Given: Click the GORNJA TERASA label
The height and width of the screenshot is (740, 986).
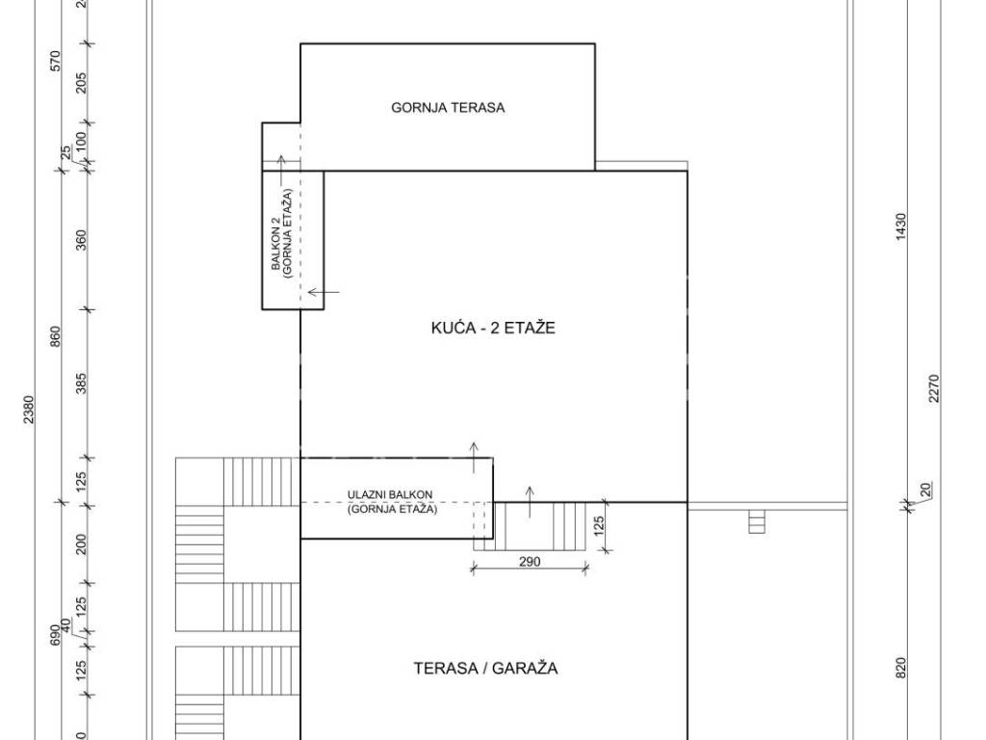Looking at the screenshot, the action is click(x=448, y=108).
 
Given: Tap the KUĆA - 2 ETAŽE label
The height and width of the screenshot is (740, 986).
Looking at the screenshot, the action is click(x=493, y=328).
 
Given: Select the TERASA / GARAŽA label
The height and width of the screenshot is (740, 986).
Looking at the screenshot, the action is click(x=485, y=669).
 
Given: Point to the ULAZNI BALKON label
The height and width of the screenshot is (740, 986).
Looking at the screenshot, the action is click(x=390, y=495).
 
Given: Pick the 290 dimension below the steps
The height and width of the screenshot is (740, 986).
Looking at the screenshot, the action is click(x=530, y=562).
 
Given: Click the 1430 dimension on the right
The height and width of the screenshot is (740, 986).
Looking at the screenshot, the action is click(x=900, y=226).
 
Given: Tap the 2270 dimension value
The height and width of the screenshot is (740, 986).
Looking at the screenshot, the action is click(x=933, y=388).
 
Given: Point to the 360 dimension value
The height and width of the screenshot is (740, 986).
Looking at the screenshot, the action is click(x=81, y=240).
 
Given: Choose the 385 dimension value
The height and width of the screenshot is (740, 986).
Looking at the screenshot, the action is click(x=81, y=383).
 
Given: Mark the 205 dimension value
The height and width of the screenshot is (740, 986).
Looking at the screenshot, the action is click(x=81, y=83).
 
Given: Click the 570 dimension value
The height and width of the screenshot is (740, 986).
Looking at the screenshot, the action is click(x=55, y=61).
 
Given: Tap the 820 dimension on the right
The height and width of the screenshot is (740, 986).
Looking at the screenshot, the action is click(x=900, y=668).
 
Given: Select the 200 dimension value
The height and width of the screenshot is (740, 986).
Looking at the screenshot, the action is click(x=81, y=544).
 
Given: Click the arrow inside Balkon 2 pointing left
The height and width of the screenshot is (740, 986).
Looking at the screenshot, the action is click(x=324, y=292).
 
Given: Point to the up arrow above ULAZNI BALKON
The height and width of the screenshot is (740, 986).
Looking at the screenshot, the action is click(x=474, y=458).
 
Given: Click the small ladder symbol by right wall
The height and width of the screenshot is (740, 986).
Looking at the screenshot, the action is click(x=757, y=521).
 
